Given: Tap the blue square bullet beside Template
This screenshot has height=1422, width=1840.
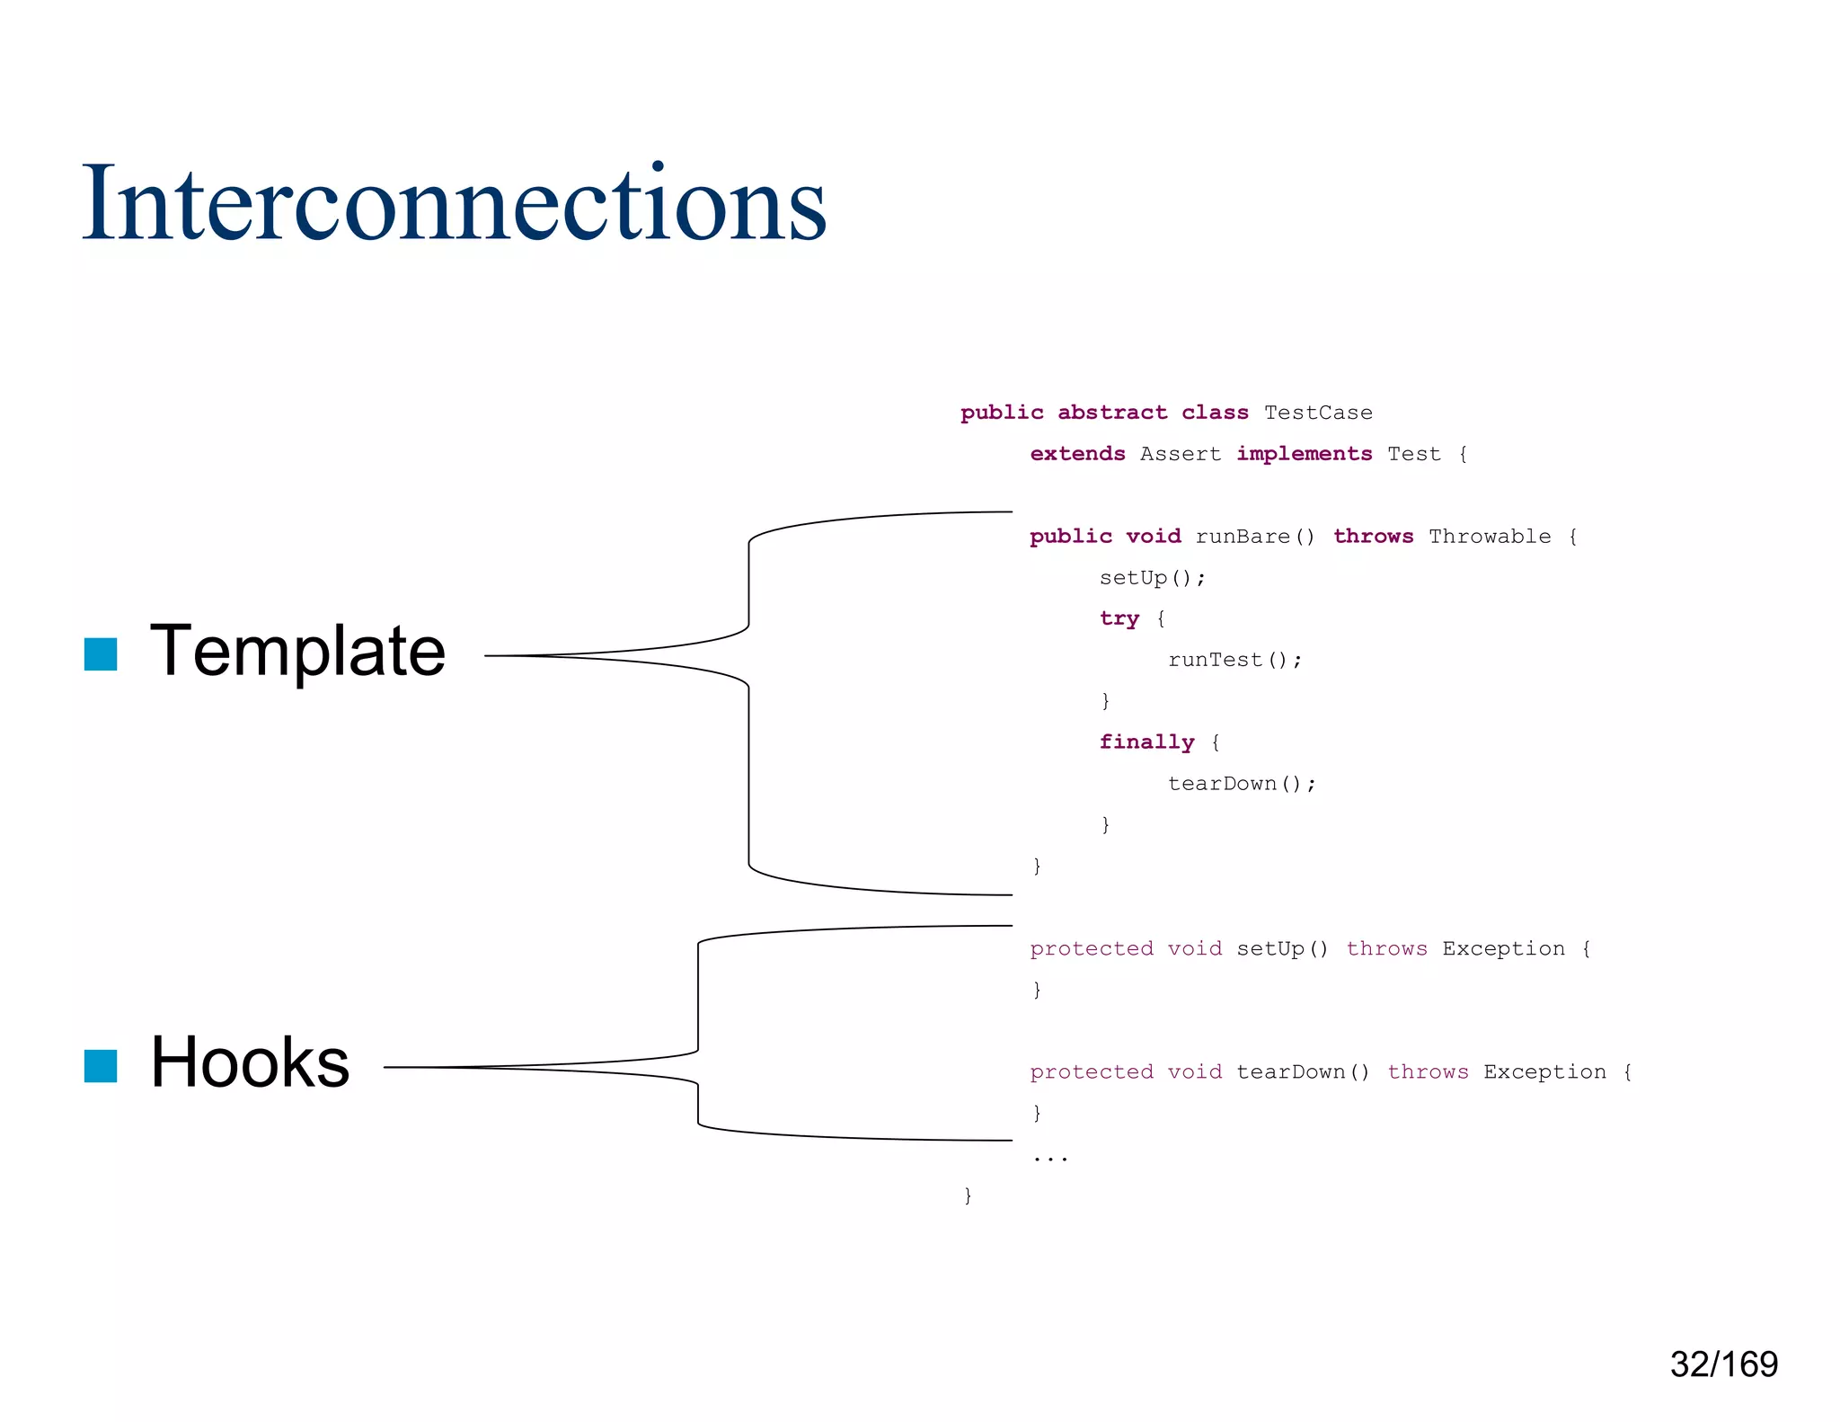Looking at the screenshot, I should click(x=101, y=654).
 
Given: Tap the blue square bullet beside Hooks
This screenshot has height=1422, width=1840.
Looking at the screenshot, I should click(x=101, y=1066).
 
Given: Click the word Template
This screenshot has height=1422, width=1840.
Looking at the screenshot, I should click(x=297, y=651).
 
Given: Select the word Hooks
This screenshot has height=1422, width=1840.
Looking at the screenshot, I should click(x=250, y=1062).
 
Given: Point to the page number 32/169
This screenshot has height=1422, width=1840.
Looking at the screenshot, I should click(x=1723, y=1364).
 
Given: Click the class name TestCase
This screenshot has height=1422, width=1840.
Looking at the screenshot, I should click(x=1318, y=413).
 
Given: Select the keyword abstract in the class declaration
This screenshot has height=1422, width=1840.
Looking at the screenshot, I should click(x=1112, y=413).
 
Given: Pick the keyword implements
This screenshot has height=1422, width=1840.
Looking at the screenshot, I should click(x=1304, y=454).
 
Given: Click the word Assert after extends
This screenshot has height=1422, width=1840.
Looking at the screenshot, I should click(x=1181, y=454).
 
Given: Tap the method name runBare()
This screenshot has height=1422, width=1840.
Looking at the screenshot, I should click(x=1255, y=537).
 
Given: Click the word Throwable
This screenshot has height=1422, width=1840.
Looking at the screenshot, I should click(x=1490, y=537).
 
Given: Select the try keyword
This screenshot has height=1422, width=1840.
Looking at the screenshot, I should click(x=1119, y=618).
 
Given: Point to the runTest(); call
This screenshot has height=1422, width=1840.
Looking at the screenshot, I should click(x=1234, y=660).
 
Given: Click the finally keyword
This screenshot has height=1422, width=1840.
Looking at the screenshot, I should click(x=1146, y=742).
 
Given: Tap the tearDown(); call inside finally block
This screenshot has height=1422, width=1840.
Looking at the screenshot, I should click(x=1242, y=784).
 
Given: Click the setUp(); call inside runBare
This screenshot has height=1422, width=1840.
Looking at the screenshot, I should click(x=1152, y=578).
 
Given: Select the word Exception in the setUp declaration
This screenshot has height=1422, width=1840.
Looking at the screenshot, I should click(x=1503, y=948).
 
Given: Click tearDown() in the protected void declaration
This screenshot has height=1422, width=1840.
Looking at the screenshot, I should click(x=1303, y=1071).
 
